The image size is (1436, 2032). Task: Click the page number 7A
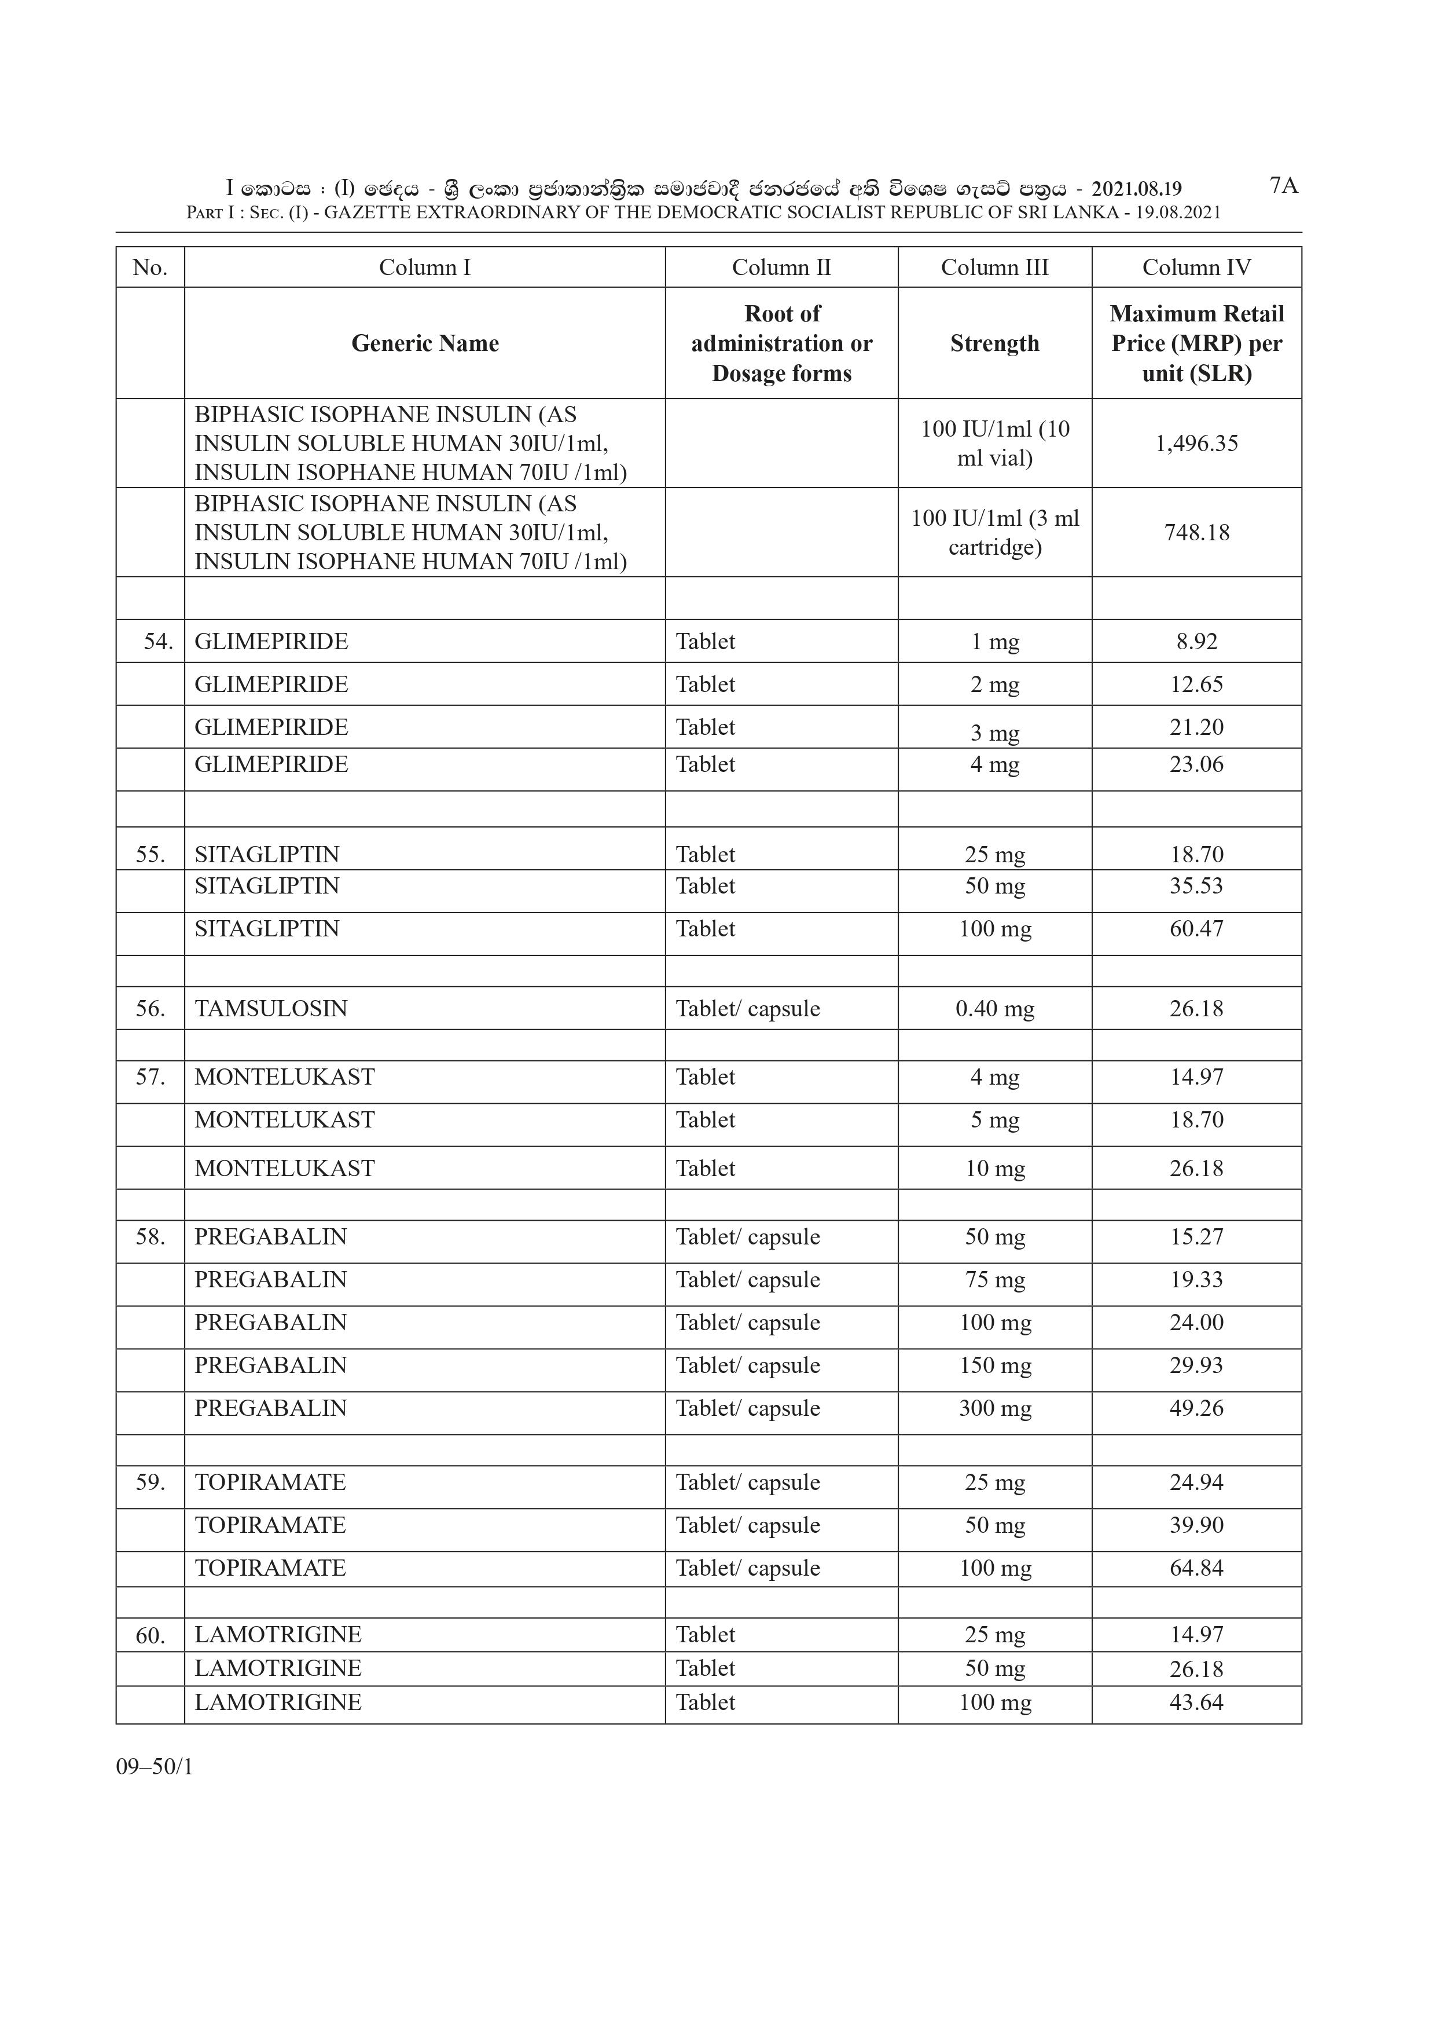tap(1283, 186)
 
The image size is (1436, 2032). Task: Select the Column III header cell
tap(994, 268)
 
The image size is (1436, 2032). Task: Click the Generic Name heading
tap(425, 343)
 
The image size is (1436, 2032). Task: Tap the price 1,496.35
tap(1196, 444)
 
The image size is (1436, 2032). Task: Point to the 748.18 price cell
tap(1196, 533)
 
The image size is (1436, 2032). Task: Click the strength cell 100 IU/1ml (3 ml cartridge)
tap(994, 533)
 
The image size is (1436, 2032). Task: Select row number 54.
tap(157, 642)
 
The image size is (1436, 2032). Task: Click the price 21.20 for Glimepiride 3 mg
tap(1196, 727)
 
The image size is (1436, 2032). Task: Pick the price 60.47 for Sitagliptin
tap(1196, 929)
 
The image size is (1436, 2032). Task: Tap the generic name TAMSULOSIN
tap(271, 1009)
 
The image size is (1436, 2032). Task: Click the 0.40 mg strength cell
tap(994, 1009)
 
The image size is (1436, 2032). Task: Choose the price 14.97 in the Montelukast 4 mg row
tap(1196, 1077)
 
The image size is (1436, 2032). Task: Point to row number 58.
tap(150, 1237)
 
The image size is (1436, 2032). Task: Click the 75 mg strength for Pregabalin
tap(994, 1280)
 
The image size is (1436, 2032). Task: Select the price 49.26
tap(1196, 1408)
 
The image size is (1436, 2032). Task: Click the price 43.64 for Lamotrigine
tap(1196, 1702)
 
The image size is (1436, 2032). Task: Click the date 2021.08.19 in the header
tap(1136, 189)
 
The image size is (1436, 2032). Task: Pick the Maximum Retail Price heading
tap(1196, 343)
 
